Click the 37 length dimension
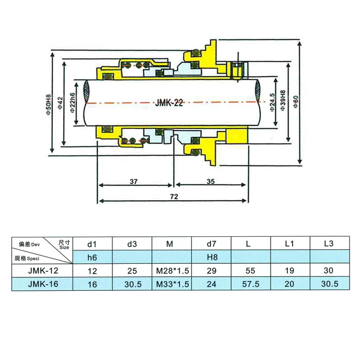pyautogui.click(x=133, y=182)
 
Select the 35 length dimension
pyautogui.click(x=210, y=182)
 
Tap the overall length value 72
pyautogui.click(x=174, y=198)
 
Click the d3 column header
pyautogui.click(x=132, y=244)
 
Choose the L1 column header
pyautogui.click(x=290, y=244)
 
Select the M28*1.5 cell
pyautogui.click(x=172, y=271)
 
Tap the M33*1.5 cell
pyautogui.click(x=172, y=285)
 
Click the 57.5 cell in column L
pyautogui.click(x=250, y=285)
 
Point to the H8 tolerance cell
pyautogui.click(x=211, y=258)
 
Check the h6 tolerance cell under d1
pyautogui.click(x=92, y=258)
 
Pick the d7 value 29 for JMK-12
pyautogui.click(x=211, y=271)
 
